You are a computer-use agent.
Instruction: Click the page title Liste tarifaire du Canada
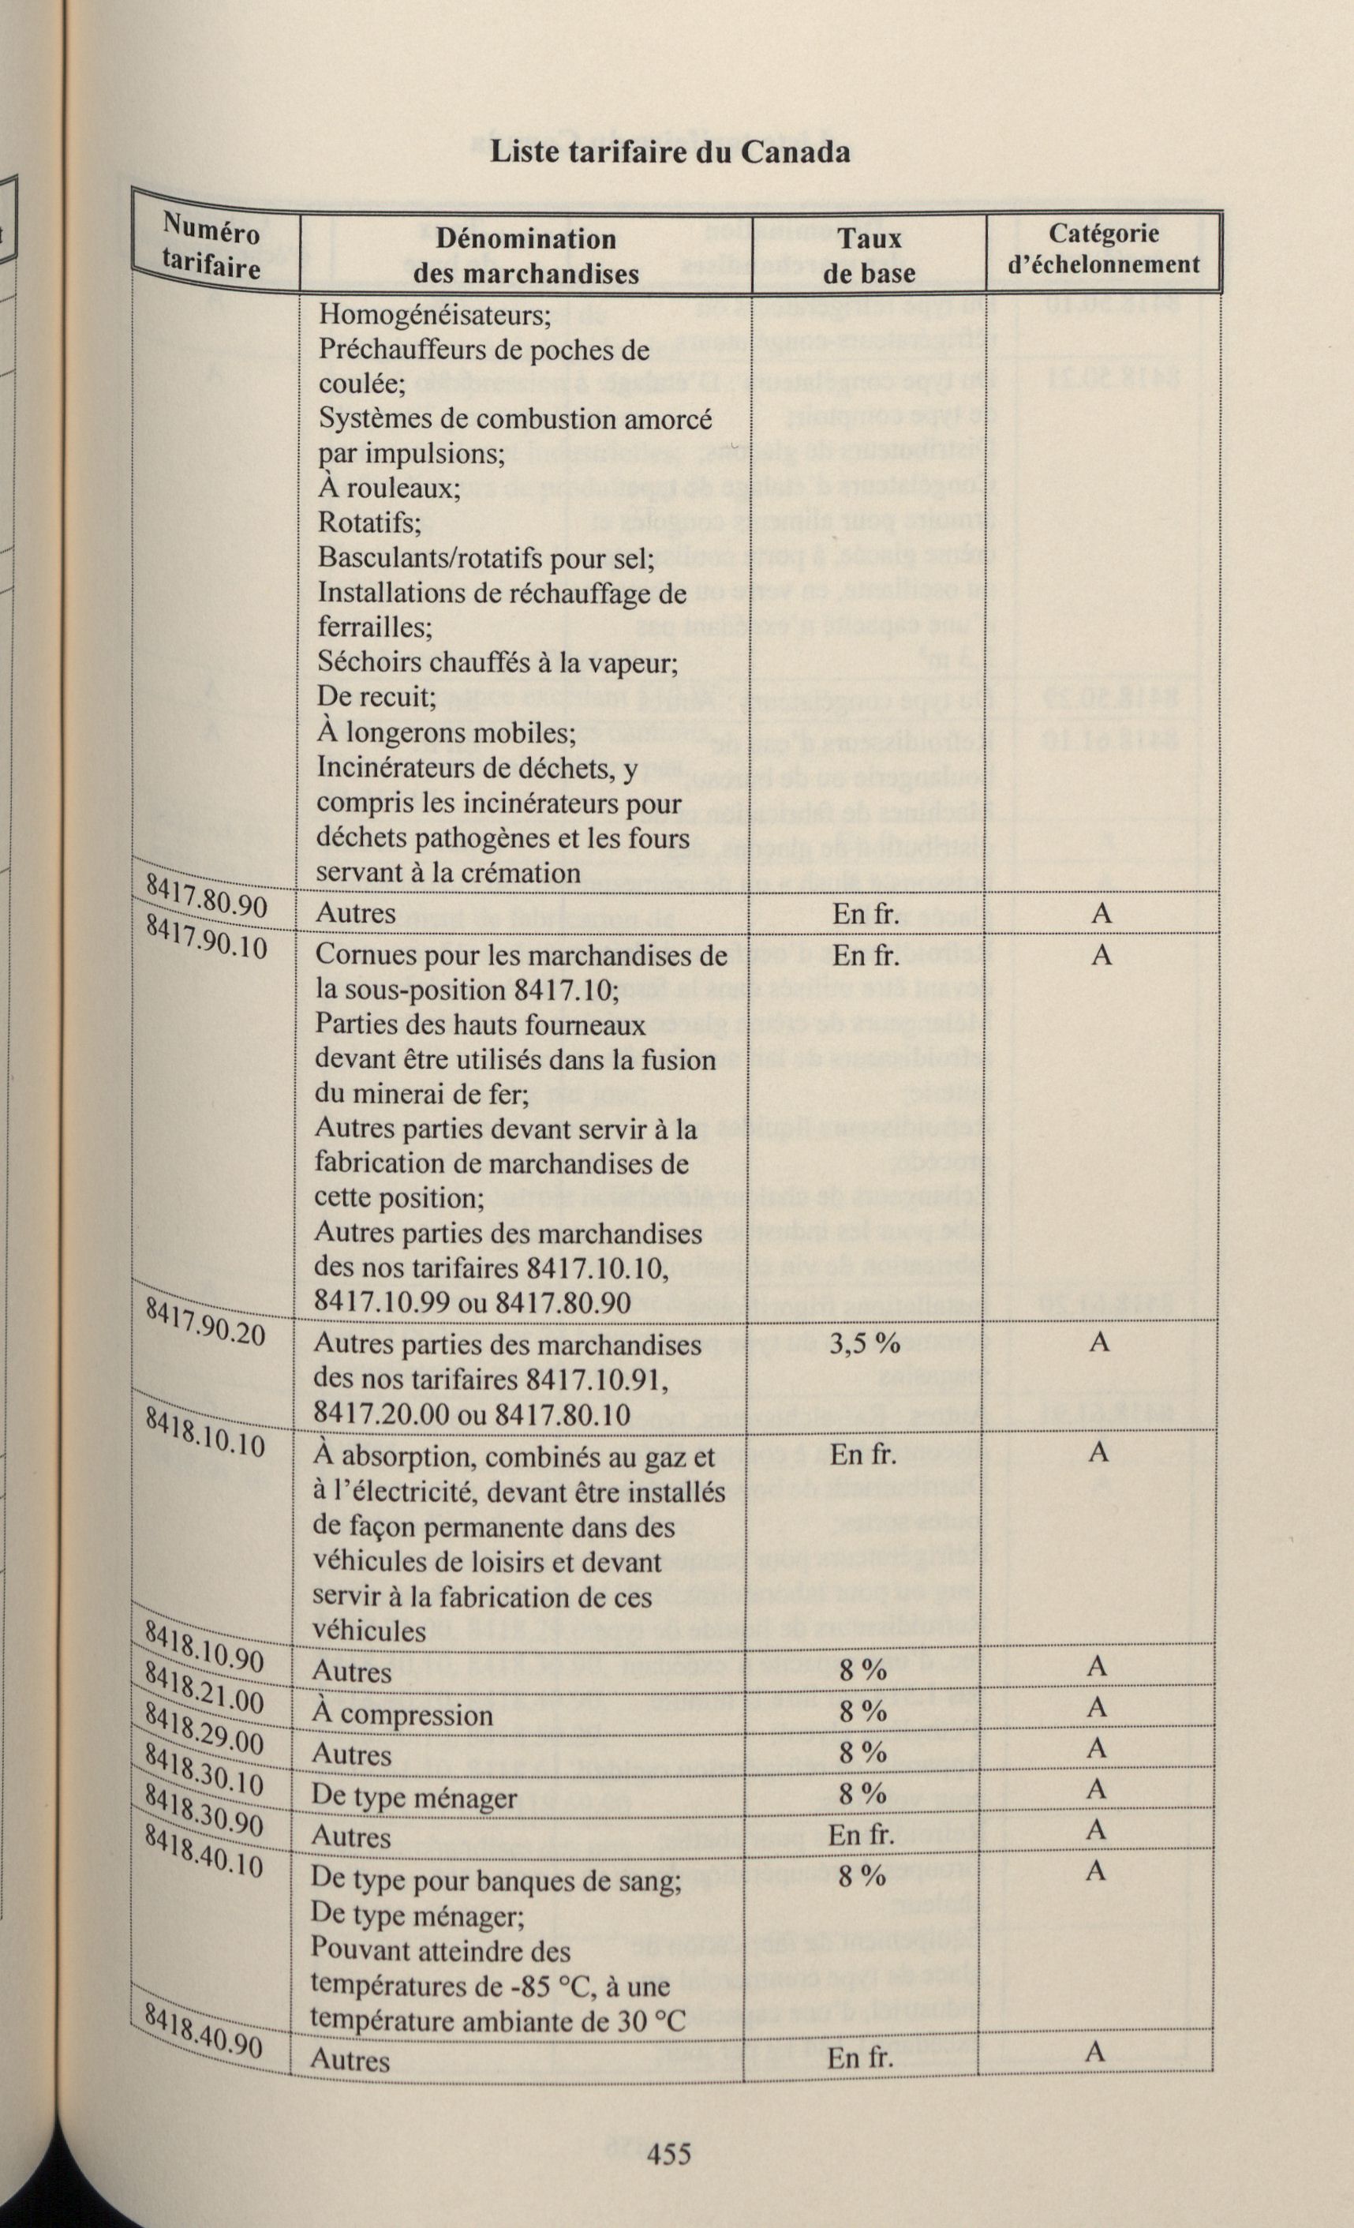coord(669,151)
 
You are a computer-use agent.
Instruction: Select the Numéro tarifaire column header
coord(211,250)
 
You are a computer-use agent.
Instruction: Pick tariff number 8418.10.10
coord(205,1429)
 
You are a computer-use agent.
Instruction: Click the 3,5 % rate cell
coord(864,1342)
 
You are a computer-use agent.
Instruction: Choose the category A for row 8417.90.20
coord(1099,1342)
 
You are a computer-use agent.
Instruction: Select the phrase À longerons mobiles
coord(447,732)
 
